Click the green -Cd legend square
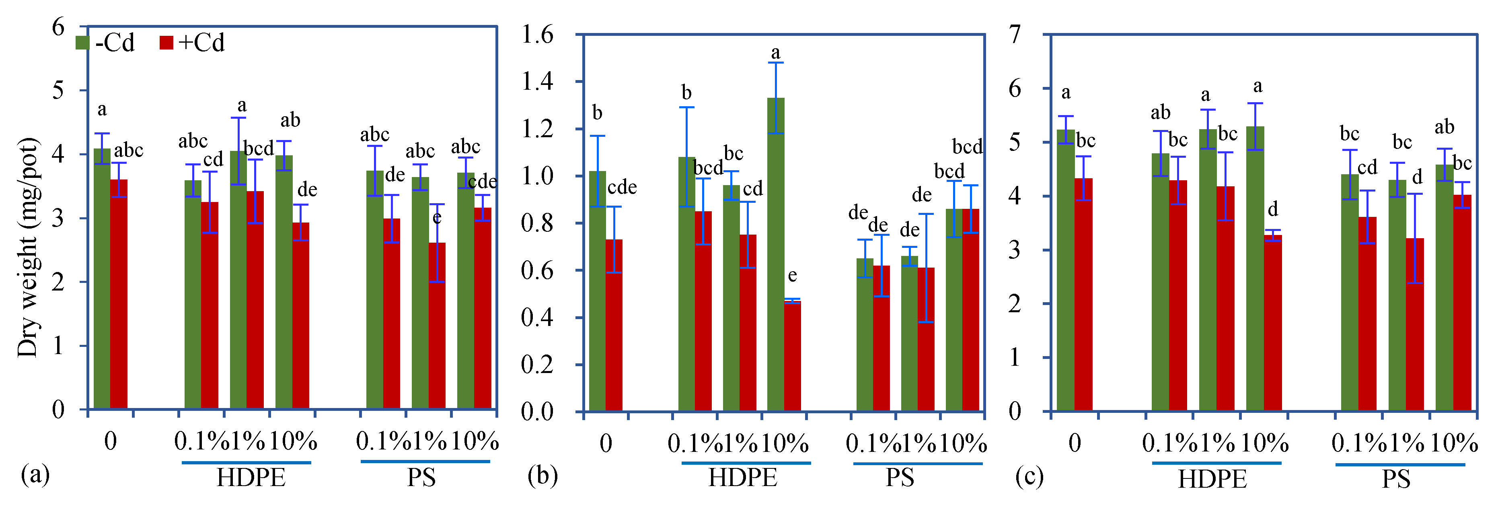click(82, 43)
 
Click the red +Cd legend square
click(166, 43)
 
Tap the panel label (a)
click(35, 475)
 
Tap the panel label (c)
click(1029, 476)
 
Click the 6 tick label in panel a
click(58, 27)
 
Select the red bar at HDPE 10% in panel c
click(1273, 323)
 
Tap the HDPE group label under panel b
click(742, 478)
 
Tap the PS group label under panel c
click(1396, 479)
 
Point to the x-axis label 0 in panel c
click(1075, 443)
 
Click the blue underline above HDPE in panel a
click(246, 462)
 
